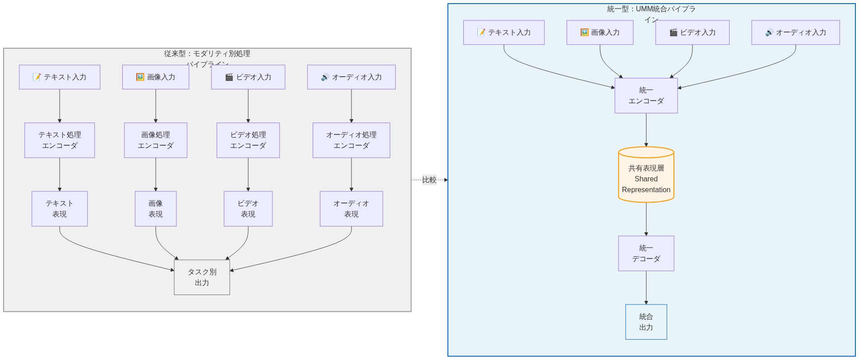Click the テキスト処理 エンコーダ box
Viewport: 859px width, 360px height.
coord(60,140)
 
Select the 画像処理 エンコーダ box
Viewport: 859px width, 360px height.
coord(156,140)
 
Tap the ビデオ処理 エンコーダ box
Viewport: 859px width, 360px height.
coord(248,140)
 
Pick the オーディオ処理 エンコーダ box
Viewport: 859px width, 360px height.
coord(351,140)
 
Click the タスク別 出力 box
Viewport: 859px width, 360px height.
coord(202,277)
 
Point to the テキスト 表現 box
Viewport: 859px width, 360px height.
coord(60,209)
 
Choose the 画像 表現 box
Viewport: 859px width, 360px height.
coord(156,209)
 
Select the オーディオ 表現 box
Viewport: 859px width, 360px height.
coord(351,209)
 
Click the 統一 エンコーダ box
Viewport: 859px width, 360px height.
coord(646,96)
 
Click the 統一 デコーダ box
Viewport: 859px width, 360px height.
coord(646,254)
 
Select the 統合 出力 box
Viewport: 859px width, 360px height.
coord(646,322)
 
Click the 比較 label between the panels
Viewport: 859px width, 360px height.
coord(429,180)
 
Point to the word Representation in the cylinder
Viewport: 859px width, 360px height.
coord(646,190)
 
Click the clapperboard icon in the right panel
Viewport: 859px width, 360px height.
coord(674,32)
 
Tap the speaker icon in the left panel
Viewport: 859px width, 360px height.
coord(325,77)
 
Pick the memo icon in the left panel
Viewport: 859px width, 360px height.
coord(37,77)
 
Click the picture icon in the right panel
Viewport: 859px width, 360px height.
coord(584,32)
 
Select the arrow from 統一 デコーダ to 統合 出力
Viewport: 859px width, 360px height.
coord(646,288)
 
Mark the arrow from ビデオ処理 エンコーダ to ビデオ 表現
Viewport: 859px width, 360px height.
coord(248,175)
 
